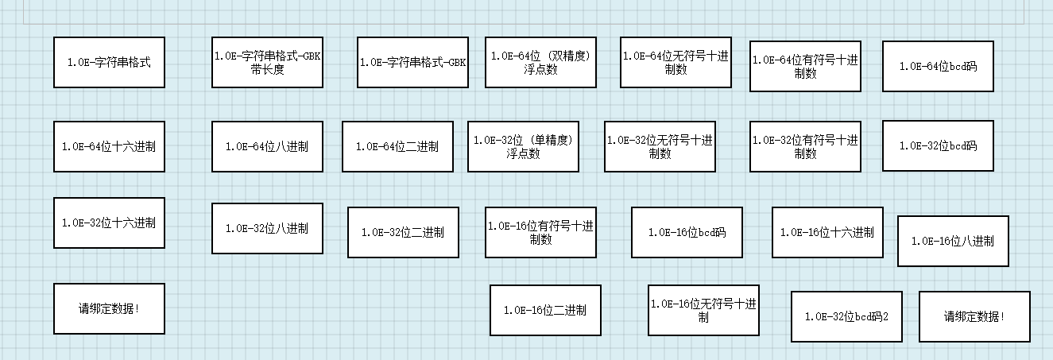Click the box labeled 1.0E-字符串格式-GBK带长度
(267, 62)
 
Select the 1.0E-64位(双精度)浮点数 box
(540, 62)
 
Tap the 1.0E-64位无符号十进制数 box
(676, 62)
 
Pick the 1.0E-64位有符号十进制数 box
(805, 66)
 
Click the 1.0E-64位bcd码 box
(938, 66)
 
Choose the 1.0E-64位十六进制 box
(109, 146)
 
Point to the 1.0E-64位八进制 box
(267, 146)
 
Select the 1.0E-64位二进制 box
(397, 146)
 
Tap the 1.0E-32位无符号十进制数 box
(660, 146)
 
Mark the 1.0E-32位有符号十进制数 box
(805, 146)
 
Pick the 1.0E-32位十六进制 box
(109, 223)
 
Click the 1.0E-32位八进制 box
(267, 228)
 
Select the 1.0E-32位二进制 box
(403, 232)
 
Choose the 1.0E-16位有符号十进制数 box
(540, 232)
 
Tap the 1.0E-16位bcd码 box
(687, 232)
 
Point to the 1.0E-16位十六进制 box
(827, 232)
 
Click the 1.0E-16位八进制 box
(953, 241)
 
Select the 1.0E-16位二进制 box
(545, 310)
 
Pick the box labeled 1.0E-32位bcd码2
(846, 316)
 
